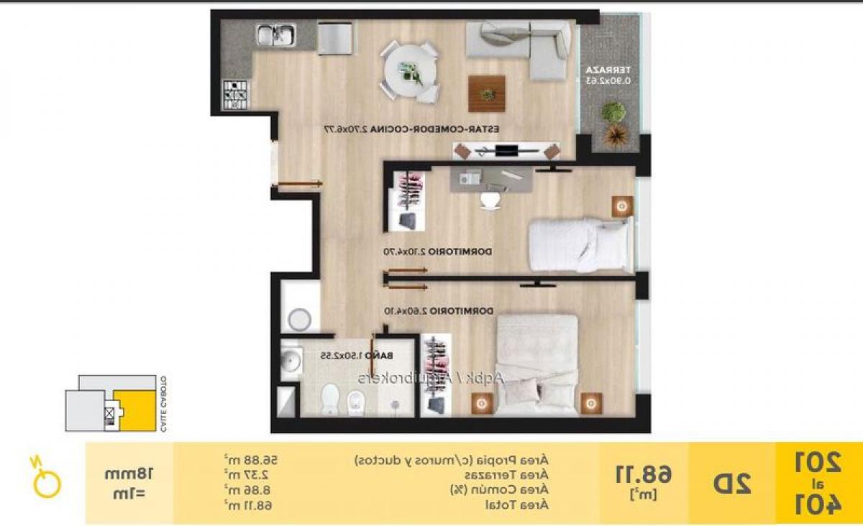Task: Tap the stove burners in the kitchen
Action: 235,94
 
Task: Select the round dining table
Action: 409,70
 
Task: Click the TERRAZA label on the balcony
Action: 610,70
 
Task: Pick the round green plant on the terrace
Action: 613,111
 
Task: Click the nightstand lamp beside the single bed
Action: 622,206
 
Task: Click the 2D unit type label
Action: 731,483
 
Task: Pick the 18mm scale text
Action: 129,474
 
